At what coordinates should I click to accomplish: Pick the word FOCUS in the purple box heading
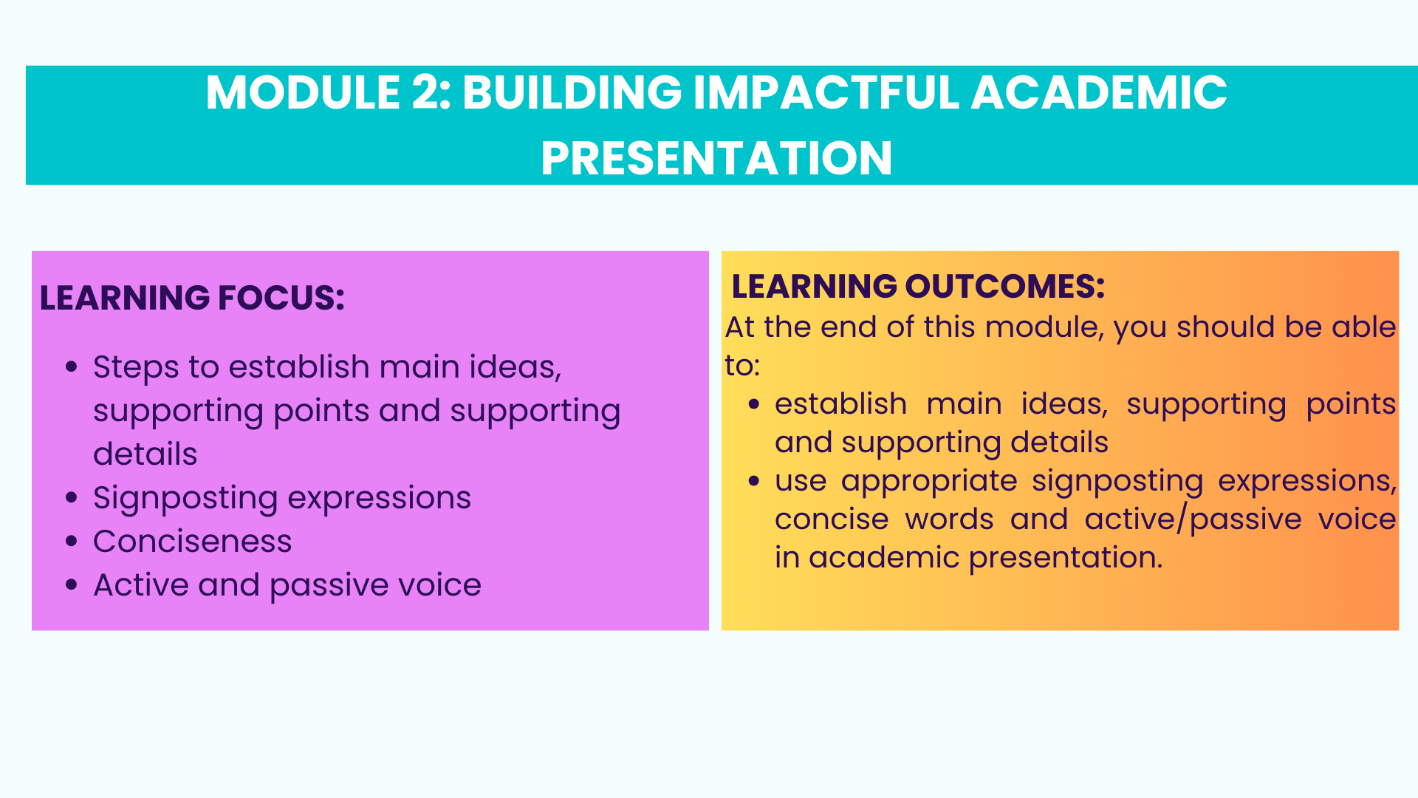[x=281, y=298]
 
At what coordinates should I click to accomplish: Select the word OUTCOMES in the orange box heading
[x=1004, y=286]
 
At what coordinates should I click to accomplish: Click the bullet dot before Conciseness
[x=72, y=541]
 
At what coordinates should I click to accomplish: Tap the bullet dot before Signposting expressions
[x=72, y=497]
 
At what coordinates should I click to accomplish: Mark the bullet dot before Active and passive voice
[x=72, y=584]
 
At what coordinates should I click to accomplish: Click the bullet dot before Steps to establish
[x=72, y=366]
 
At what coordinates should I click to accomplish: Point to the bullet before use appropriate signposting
[x=754, y=481]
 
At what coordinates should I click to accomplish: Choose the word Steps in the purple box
[x=136, y=368]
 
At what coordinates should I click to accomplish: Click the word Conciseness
[x=193, y=542]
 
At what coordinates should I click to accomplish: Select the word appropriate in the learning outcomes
[x=929, y=482]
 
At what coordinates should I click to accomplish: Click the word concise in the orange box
[x=832, y=519]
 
